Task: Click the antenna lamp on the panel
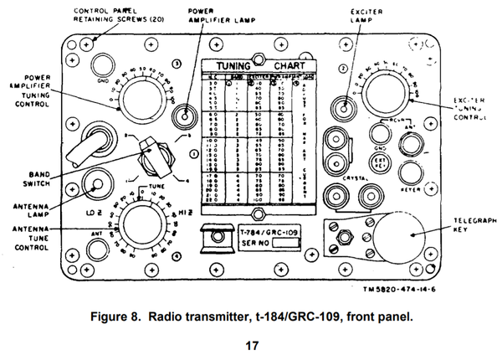(97, 186)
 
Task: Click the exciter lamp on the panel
(341, 106)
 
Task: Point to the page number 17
(251, 345)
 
